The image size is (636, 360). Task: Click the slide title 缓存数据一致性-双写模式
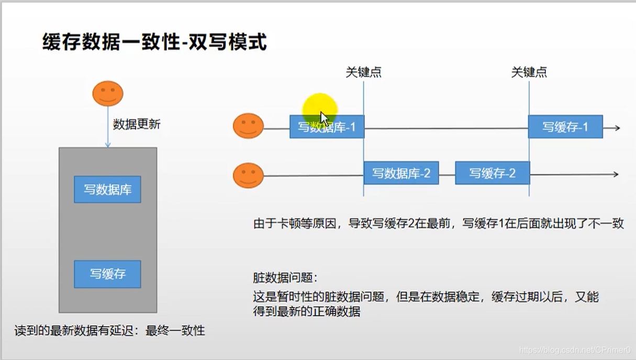[x=154, y=42]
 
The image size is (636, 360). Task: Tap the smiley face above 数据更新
[x=108, y=94]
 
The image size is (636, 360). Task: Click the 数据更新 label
[x=137, y=125]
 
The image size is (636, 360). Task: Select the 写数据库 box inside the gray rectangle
[x=107, y=189]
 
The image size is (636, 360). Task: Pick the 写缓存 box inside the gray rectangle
[x=107, y=274]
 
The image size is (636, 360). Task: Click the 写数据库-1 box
[x=327, y=127]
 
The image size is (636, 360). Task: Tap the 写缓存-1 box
[x=565, y=127]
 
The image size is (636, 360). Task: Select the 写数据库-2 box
[x=401, y=173]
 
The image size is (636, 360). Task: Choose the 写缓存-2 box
[x=492, y=173]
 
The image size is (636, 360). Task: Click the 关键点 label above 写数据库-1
[x=363, y=72]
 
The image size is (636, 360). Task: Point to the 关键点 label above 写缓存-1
[x=529, y=72]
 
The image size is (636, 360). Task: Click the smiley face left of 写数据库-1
[x=248, y=126]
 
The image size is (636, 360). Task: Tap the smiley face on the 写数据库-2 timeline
[x=248, y=175]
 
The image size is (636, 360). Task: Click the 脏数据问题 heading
[x=285, y=277]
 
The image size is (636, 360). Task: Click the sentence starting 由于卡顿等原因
[x=438, y=224]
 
